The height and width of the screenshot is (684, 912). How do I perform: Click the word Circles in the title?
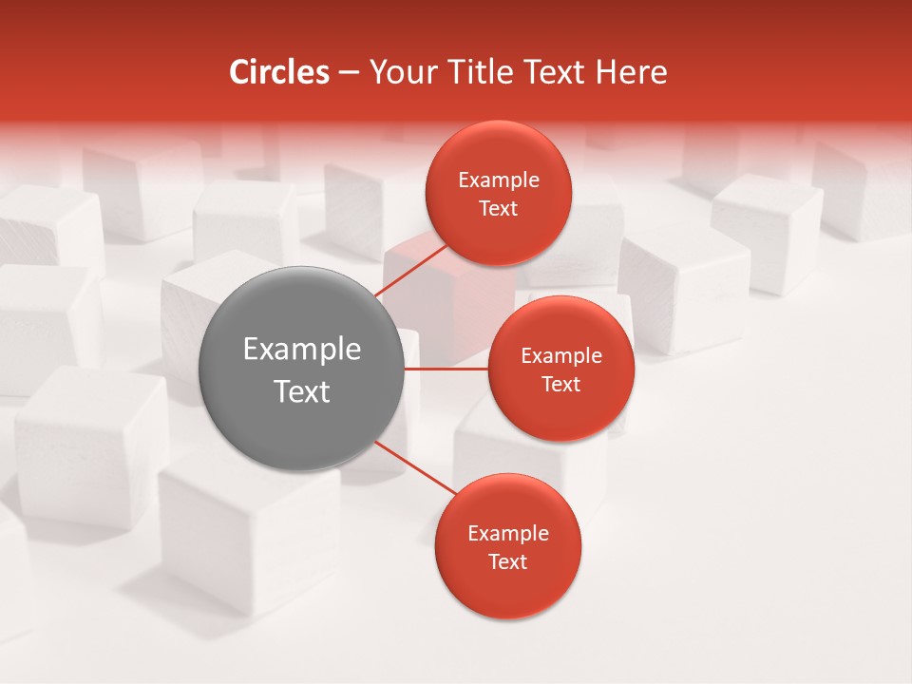click(279, 72)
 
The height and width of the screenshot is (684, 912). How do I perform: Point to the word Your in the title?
click(400, 72)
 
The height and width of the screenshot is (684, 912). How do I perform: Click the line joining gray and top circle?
click(413, 270)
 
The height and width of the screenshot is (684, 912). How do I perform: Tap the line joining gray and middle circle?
click(446, 369)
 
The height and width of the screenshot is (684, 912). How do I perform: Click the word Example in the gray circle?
click(302, 350)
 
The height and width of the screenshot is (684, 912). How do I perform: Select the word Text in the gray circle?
click(302, 391)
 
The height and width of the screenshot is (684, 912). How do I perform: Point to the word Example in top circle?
click(499, 180)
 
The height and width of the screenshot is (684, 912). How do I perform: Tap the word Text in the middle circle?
click(561, 384)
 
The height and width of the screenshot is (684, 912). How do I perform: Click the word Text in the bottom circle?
click(508, 561)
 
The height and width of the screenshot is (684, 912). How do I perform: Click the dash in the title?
click(349, 72)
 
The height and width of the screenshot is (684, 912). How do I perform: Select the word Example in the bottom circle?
click(508, 533)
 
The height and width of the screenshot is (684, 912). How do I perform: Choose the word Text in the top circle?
click(499, 208)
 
